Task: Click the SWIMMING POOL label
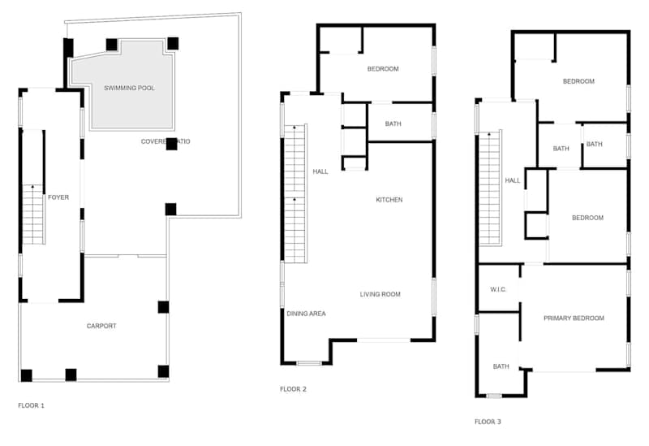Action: [x=129, y=88]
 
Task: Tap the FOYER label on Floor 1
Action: [x=58, y=197]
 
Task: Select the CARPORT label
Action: [x=101, y=326]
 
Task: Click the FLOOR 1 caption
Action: [x=31, y=405]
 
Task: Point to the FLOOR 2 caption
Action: [x=293, y=389]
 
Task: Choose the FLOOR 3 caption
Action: [x=488, y=422]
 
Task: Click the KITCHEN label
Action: [x=389, y=200]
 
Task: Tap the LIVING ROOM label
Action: [x=380, y=294]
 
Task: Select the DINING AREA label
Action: [x=307, y=314]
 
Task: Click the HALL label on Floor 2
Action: [x=320, y=171]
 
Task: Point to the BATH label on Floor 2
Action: [x=393, y=123]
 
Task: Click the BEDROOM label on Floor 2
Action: [x=383, y=69]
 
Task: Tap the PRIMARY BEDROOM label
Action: [x=574, y=318]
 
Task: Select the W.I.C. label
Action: [x=498, y=289]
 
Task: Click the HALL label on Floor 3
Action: [x=513, y=180]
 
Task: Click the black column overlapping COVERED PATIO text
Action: [x=172, y=144]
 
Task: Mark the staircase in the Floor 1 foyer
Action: [x=33, y=214]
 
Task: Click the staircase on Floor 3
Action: [x=490, y=188]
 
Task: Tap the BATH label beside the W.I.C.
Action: [x=501, y=366]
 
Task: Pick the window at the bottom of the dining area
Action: [x=309, y=363]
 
